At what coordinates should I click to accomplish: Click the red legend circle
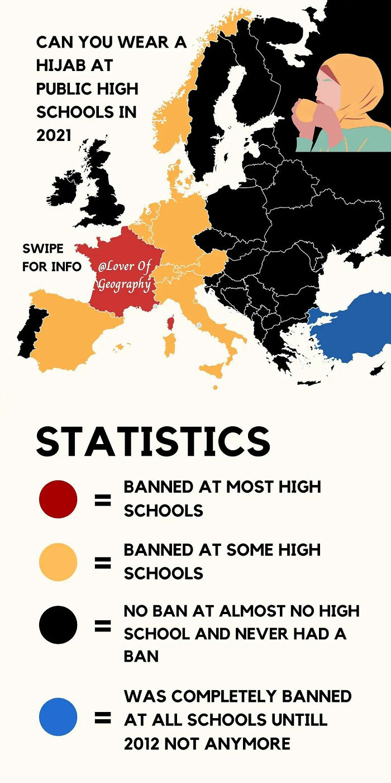58,499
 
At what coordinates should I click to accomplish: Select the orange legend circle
58,562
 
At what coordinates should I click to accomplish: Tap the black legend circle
58,625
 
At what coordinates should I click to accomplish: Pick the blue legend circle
58,716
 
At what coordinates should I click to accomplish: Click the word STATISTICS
153,442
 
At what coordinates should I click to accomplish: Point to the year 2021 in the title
54,135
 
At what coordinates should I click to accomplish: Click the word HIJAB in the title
59,65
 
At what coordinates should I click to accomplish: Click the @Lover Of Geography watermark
124,276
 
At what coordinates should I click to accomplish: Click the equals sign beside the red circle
102,499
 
